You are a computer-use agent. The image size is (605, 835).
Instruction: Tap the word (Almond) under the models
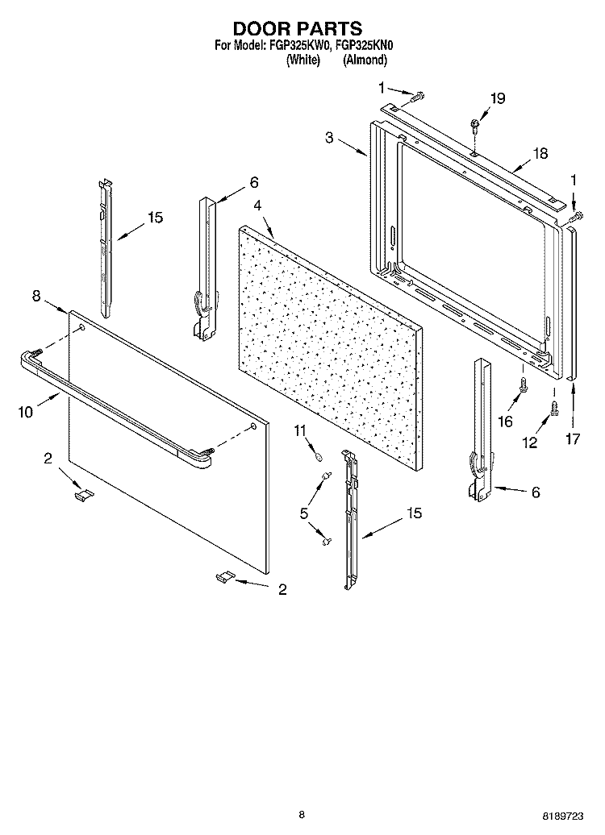(365, 60)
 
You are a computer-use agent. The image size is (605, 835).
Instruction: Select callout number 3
(330, 138)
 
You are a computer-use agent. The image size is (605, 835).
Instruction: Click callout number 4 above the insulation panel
(257, 206)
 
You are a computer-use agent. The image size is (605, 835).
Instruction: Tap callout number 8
(36, 297)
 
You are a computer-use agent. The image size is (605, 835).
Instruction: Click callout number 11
(300, 432)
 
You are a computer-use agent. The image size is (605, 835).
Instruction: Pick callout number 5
(304, 512)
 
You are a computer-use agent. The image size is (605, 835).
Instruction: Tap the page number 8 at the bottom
(301, 815)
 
